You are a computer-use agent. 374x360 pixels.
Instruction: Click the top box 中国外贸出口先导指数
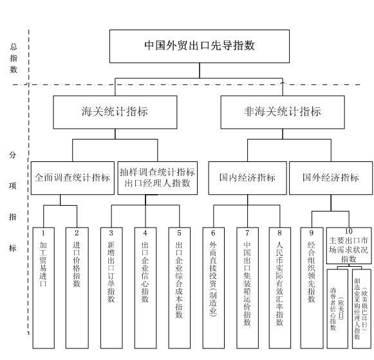199,46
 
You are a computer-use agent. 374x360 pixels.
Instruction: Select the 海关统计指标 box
115,111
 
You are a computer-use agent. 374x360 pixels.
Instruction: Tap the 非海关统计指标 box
281,111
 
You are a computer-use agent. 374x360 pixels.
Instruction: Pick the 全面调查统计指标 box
73,178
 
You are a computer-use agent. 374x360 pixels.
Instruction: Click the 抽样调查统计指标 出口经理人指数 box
158,178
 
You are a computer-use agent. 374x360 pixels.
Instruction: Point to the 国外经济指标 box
331,178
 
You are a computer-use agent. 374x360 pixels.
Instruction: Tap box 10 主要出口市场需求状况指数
348,244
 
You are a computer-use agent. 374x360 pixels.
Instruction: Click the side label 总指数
14,58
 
